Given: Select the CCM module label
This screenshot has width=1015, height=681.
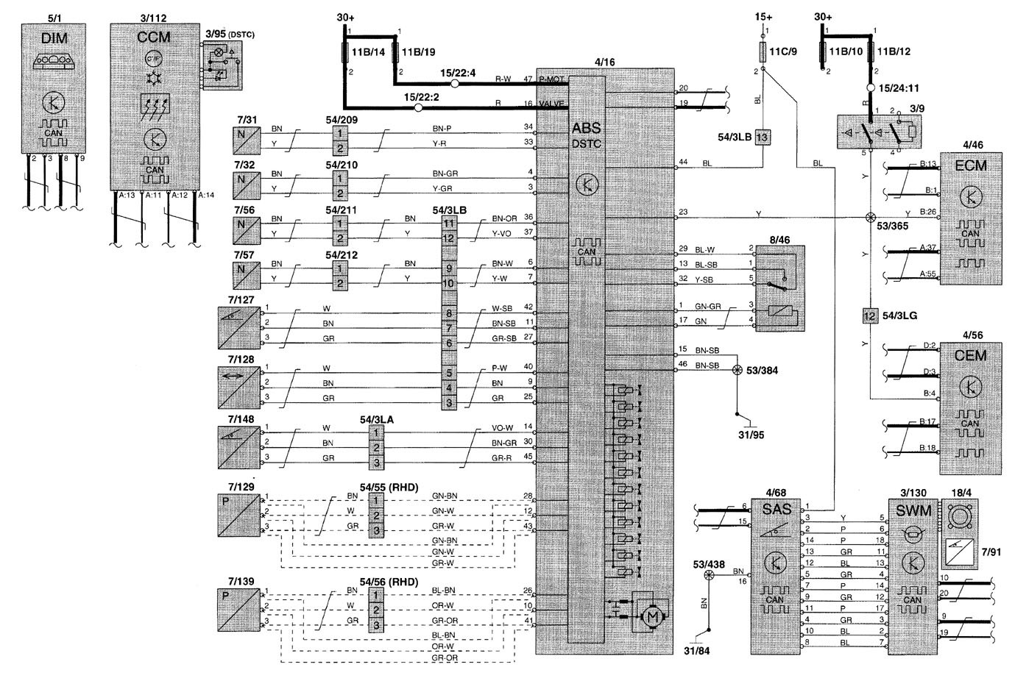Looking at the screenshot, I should coord(155,36).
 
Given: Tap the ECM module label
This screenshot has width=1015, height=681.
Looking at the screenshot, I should coord(971,165).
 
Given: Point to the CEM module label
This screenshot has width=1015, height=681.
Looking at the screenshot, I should coord(970,356).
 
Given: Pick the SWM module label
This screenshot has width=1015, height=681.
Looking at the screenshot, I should coord(913,510).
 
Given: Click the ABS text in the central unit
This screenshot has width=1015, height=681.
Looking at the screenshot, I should coord(586,128).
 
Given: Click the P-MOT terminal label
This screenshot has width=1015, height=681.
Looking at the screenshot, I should coord(552,79).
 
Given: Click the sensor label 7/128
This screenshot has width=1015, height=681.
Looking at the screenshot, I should coord(241,357).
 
